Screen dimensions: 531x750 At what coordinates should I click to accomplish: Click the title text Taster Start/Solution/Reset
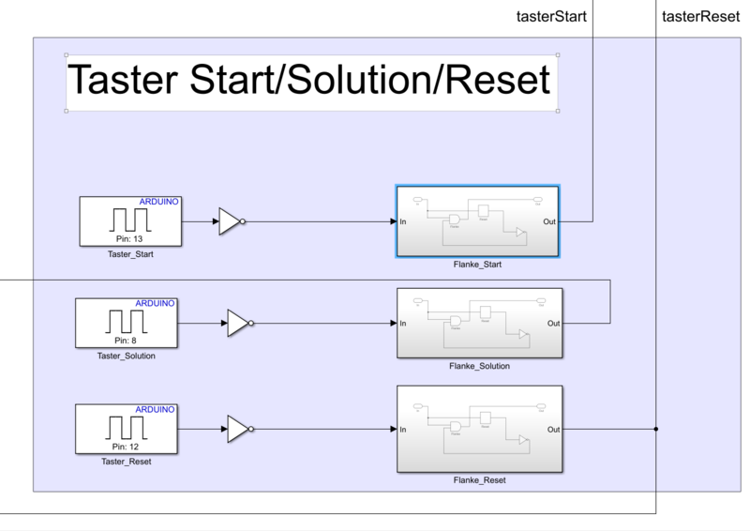coord(310,81)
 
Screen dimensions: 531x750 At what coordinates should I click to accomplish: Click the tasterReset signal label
coord(694,17)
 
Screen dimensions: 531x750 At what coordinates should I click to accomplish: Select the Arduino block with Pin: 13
coord(130,221)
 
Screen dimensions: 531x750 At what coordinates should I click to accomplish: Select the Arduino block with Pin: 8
coord(127,323)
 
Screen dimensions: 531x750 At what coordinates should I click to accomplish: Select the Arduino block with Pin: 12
coord(127,429)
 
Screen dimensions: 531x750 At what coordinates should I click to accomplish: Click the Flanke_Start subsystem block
coord(477,221)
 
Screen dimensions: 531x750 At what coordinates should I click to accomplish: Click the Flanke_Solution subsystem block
coord(479,323)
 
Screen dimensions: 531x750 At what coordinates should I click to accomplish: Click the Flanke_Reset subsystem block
coord(479,429)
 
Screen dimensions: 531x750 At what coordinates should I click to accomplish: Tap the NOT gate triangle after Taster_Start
coord(229,221)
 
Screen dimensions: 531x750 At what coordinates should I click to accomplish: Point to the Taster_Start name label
coord(130,254)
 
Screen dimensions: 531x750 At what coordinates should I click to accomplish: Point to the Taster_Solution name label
coord(127,356)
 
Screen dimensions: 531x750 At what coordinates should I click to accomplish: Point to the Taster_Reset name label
coord(127,462)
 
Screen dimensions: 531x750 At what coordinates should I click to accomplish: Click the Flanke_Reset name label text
coord(479,480)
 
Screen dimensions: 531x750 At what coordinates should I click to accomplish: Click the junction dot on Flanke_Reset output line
coord(655,430)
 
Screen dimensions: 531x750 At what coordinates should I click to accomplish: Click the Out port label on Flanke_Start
coord(550,222)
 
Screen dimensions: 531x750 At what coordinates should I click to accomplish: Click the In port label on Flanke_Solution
coord(403,324)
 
